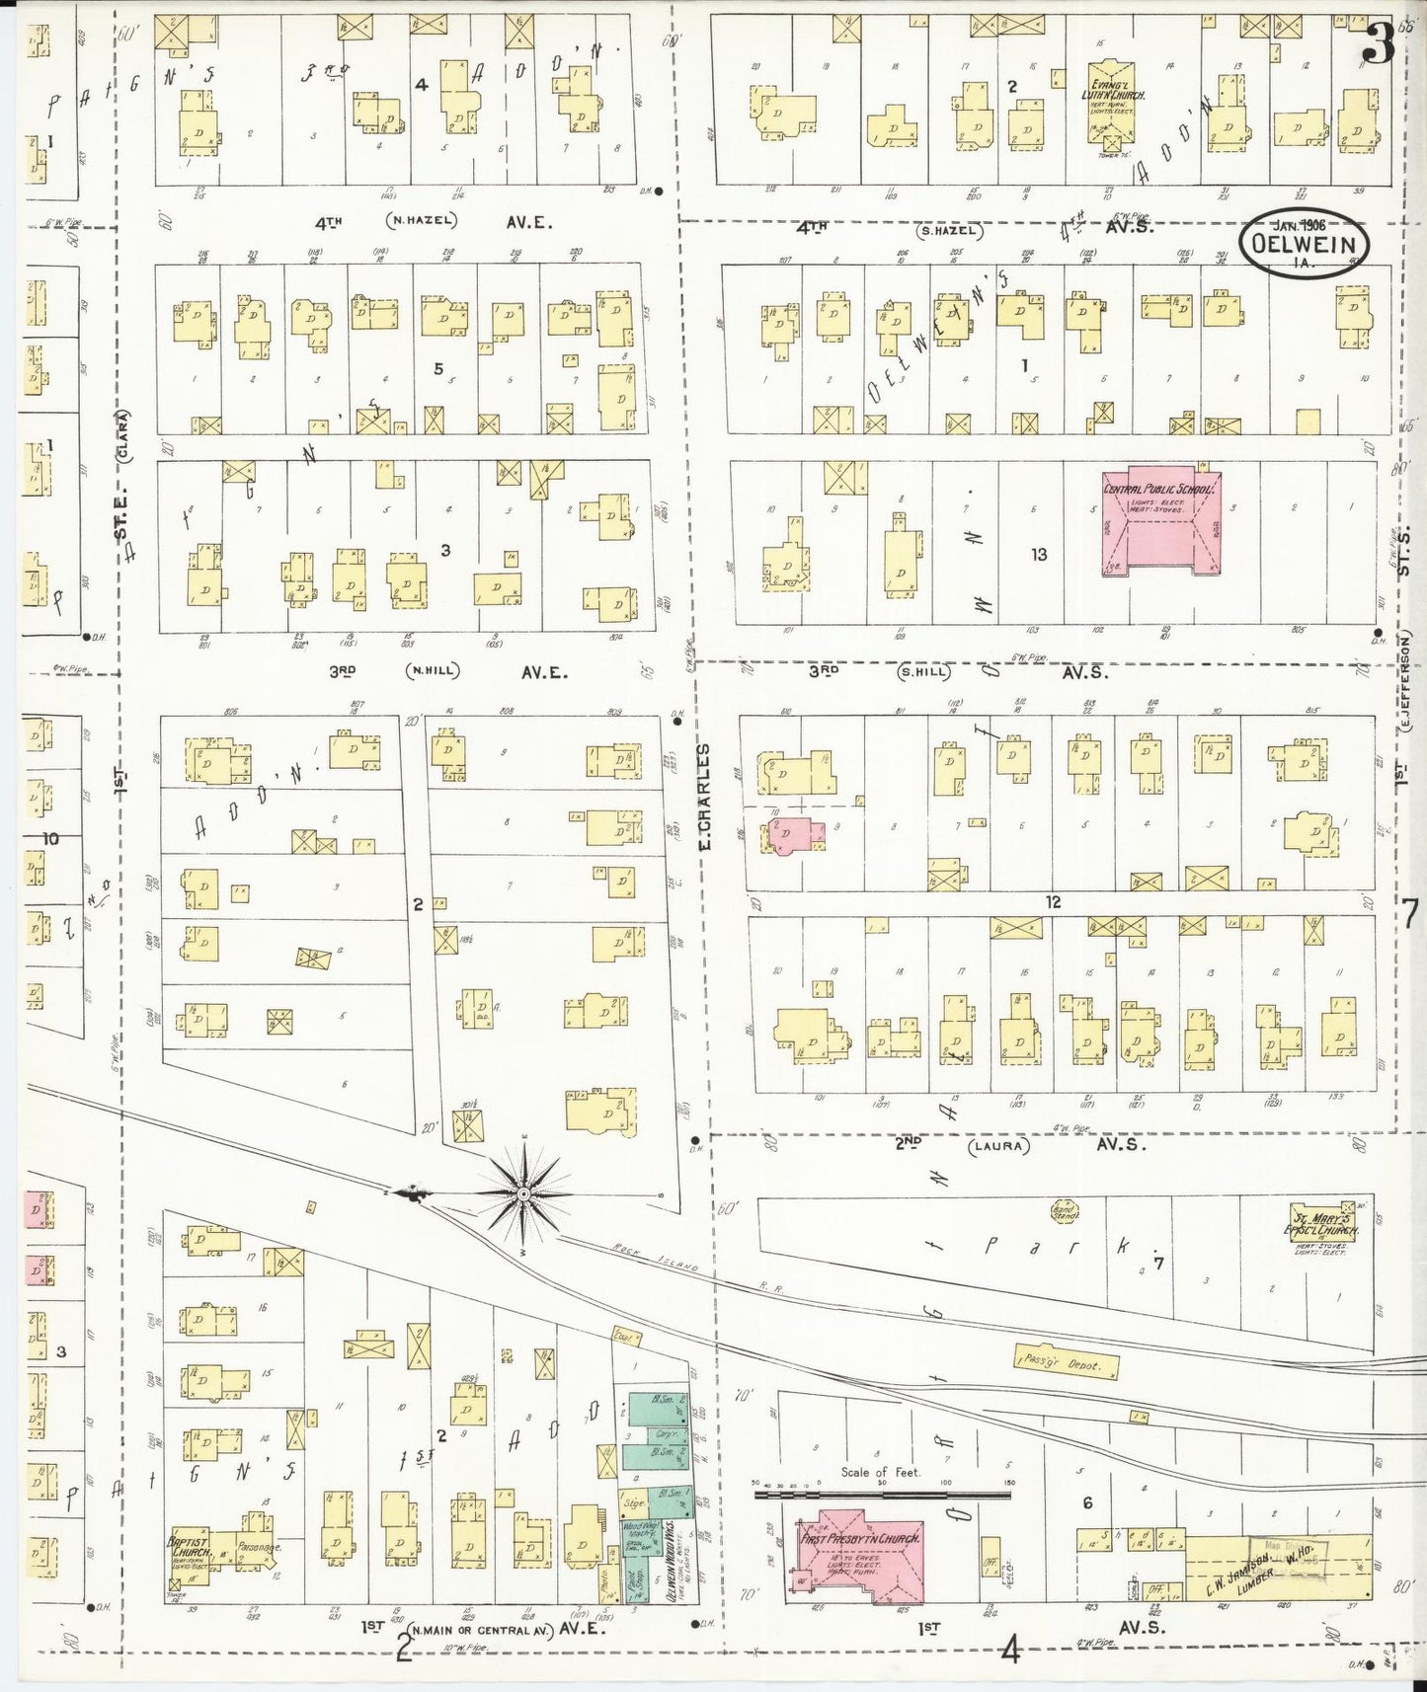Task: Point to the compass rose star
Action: click(523, 1194)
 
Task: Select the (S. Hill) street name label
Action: click(922, 672)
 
